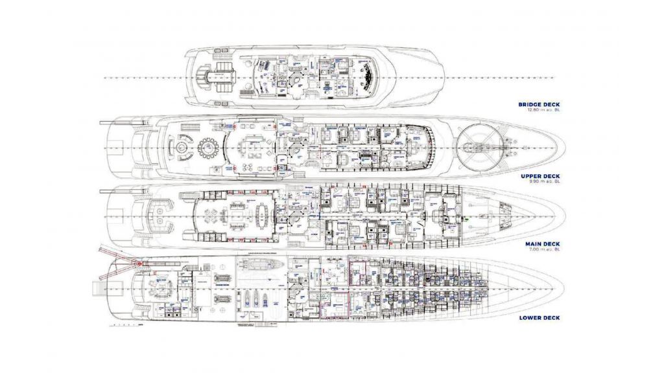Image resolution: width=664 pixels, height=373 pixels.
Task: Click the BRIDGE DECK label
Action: [538, 104]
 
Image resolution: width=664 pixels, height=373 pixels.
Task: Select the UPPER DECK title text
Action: [539, 176]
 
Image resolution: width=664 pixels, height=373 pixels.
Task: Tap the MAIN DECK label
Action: [541, 243]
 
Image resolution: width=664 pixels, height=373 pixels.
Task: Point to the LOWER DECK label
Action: [539, 318]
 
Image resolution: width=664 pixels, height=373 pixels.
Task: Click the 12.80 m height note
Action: [543, 111]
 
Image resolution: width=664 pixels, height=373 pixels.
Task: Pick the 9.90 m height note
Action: [544, 183]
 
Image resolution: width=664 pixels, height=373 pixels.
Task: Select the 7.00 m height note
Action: [544, 250]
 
